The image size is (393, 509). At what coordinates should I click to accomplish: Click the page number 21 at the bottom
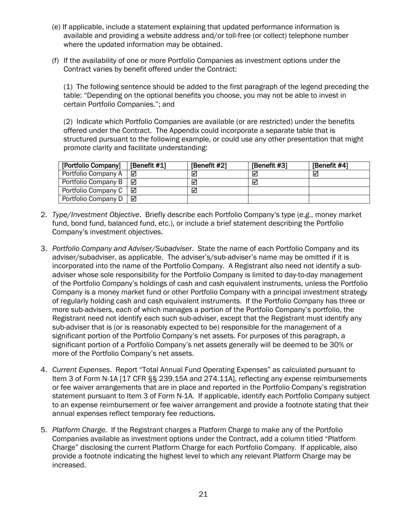pos(203,494)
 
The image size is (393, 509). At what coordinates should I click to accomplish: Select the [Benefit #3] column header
pos(269,166)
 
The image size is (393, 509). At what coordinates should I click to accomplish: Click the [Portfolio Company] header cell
pos(91,166)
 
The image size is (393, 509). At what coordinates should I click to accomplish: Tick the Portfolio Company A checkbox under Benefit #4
pos(316,174)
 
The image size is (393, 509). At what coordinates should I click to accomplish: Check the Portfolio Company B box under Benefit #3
pos(255,182)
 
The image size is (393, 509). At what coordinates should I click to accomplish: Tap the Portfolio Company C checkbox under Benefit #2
pos(194,191)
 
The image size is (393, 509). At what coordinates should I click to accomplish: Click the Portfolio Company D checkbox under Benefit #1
pos(134,199)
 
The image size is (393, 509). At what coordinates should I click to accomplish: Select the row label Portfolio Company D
pos(92,199)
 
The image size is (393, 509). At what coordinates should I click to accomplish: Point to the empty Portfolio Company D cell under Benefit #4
pos(339,199)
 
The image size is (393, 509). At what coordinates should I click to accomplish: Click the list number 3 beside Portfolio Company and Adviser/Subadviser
pos(43,249)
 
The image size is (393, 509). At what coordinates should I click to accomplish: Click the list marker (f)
pos(55,61)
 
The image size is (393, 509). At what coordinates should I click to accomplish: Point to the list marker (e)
pos(56,27)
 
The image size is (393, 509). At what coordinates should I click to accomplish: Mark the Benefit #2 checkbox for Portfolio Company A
pos(194,174)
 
